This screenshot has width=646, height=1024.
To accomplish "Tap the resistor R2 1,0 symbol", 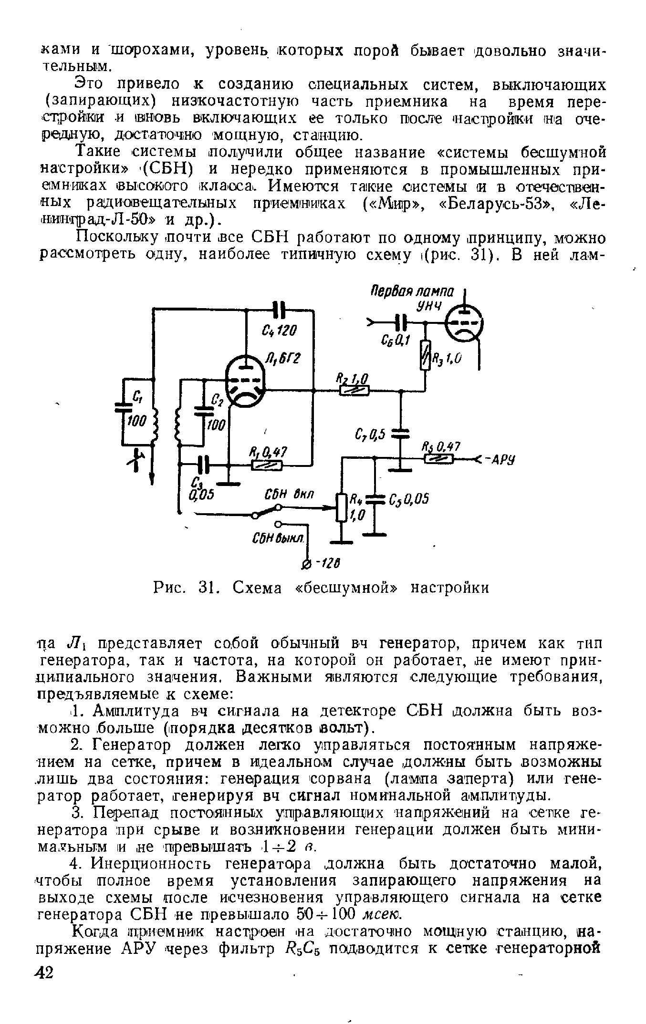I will (x=354, y=391).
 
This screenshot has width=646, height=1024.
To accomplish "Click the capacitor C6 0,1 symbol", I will (x=402, y=323).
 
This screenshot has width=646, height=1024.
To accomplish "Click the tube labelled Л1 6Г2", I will (x=246, y=383).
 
